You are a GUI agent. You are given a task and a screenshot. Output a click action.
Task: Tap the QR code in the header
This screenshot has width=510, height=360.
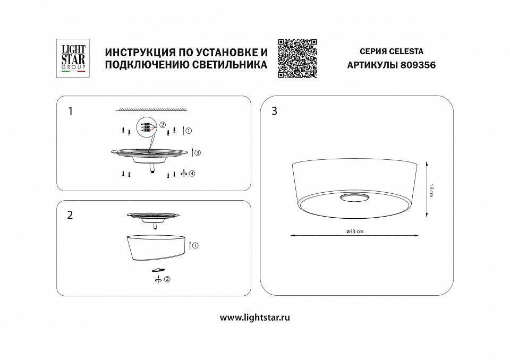coord(297,58)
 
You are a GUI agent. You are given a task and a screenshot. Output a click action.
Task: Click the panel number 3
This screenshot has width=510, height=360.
coord(274,111)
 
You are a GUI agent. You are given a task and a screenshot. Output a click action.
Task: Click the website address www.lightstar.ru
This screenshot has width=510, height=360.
coord(254,318)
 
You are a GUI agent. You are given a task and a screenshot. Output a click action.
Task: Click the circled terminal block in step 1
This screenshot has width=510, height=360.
coord(146,127)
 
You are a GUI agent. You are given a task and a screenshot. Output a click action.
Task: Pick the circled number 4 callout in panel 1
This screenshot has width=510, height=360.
coord(192,174)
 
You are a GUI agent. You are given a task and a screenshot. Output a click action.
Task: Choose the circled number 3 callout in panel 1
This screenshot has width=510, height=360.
coord(197,153)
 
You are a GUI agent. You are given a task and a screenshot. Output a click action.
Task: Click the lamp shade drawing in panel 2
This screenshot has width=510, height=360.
coord(156,247)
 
